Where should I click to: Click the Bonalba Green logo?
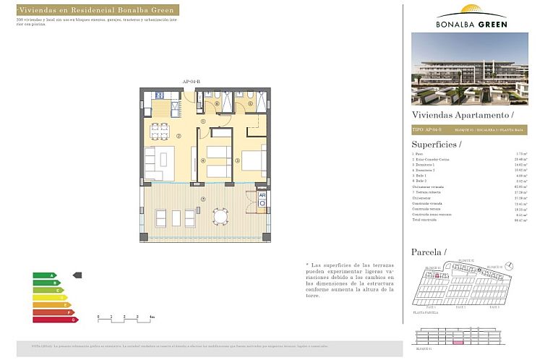471,16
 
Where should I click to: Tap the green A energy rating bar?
44,275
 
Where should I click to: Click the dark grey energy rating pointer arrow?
78,275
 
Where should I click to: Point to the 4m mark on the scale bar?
151,317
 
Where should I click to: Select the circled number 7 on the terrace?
204,199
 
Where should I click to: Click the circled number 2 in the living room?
178,135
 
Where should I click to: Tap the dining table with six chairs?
160,131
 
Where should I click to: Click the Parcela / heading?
429,252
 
